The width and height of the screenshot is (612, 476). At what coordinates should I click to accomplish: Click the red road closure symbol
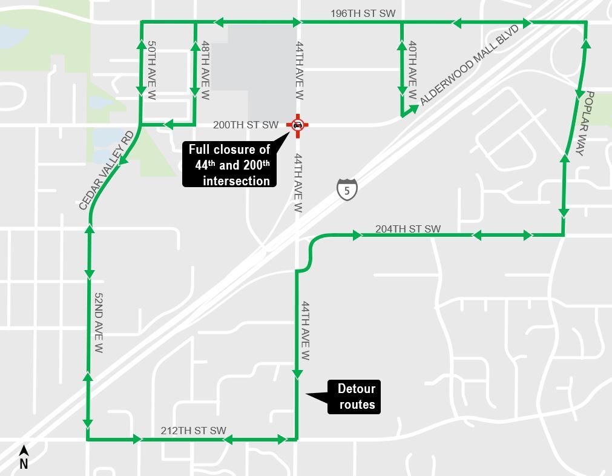(298, 125)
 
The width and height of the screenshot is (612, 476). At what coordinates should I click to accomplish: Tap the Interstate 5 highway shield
(347, 190)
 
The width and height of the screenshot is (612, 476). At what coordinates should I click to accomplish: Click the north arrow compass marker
(24, 451)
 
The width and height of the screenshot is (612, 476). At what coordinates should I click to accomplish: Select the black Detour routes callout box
(354, 397)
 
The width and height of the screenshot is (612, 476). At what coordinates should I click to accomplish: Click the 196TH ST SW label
(363, 13)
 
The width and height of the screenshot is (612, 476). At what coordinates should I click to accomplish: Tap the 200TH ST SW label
(245, 125)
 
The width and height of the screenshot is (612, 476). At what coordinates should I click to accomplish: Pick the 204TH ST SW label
(408, 229)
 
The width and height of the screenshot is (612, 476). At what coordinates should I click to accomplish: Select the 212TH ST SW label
(193, 431)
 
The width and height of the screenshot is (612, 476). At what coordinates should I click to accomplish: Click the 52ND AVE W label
(99, 323)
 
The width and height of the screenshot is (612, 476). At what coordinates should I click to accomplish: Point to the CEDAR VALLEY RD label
(107, 170)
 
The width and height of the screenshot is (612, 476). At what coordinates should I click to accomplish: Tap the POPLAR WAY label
(584, 124)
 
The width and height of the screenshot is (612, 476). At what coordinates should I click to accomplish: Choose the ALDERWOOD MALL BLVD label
(470, 65)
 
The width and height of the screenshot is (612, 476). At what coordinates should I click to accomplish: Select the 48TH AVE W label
(205, 70)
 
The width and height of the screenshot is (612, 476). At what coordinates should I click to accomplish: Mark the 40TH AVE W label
(412, 70)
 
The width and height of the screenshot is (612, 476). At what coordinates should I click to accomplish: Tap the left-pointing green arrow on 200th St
(169, 125)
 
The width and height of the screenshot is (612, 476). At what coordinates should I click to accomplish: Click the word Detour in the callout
(357, 389)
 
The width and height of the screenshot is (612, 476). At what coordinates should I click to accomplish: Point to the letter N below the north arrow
(24, 464)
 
